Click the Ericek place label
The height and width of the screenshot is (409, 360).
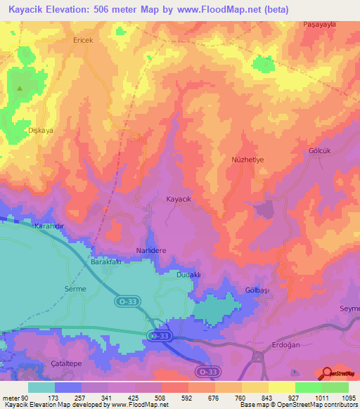83,40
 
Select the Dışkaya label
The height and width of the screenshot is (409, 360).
40,130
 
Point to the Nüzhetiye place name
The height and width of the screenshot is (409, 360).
247,160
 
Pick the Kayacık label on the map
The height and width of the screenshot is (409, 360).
179,199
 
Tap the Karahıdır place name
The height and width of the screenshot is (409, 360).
49,226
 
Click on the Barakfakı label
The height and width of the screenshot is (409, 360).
106,261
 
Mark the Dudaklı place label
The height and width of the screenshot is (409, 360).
188,275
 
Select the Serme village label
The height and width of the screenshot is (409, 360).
75,289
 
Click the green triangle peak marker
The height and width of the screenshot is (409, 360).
20,89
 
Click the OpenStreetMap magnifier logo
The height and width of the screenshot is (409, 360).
326,373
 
